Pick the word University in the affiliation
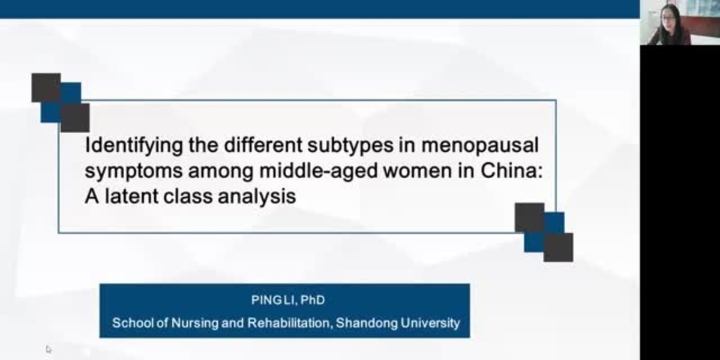(431, 323)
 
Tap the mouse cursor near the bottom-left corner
(49, 349)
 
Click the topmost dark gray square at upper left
(46, 88)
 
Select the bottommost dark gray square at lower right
(558, 247)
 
